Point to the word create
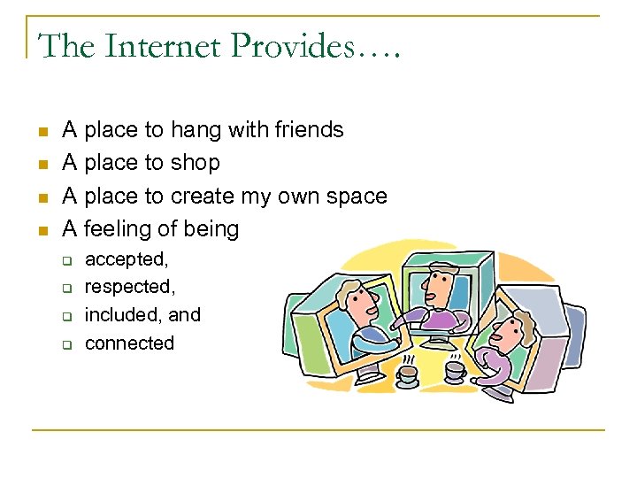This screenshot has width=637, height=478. pos(204,196)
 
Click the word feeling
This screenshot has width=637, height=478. pos(119,229)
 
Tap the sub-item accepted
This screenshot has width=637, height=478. pos(126,259)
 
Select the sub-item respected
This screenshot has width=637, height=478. pos(127,288)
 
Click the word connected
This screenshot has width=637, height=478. pos(129,343)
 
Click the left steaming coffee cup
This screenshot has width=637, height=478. pos(408,373)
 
